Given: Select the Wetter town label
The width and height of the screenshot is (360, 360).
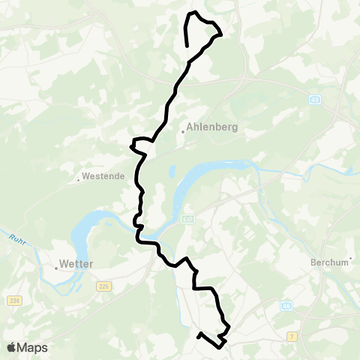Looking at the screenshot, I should (x=77, y=264).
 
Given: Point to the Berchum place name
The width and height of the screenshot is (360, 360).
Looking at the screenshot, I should (x=330, y=262).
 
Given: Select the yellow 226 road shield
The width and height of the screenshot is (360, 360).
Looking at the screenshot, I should (x=103, y=285).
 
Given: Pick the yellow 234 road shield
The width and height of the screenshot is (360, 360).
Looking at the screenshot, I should (x=13, y=301).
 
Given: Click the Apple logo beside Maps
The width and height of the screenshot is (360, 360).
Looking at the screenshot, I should (x=12, y=347).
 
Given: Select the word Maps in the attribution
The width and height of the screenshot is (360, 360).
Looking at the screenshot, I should (x=33, y=347).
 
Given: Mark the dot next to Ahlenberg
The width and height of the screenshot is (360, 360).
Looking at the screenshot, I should (x=183, y=133).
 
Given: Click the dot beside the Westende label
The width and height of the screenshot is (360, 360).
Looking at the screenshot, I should (x=78, y=179).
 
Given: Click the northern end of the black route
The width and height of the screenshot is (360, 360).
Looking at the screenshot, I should (x=187, y=46).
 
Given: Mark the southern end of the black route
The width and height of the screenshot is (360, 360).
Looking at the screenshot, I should (x=198, y=334).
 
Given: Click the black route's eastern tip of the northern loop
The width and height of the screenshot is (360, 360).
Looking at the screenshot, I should (x=221, y=33).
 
